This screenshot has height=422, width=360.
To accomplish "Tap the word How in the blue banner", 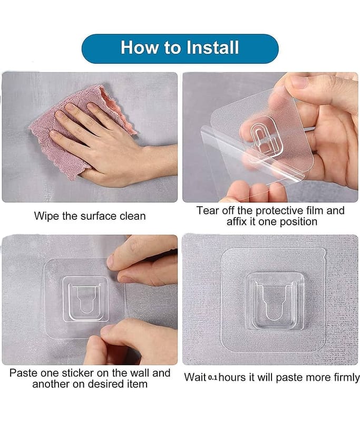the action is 140,47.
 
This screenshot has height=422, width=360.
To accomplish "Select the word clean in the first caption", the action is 132,216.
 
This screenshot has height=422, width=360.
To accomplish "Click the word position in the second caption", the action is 298,222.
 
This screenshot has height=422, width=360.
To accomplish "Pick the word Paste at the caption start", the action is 23,373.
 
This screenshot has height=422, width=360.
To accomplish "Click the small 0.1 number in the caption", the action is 212,378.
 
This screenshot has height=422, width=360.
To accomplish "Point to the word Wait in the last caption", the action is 195,377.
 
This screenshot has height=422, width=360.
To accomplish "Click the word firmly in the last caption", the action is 346,378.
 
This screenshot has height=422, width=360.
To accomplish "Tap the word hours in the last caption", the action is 232,377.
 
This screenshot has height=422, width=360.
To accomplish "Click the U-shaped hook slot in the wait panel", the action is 274,302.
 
